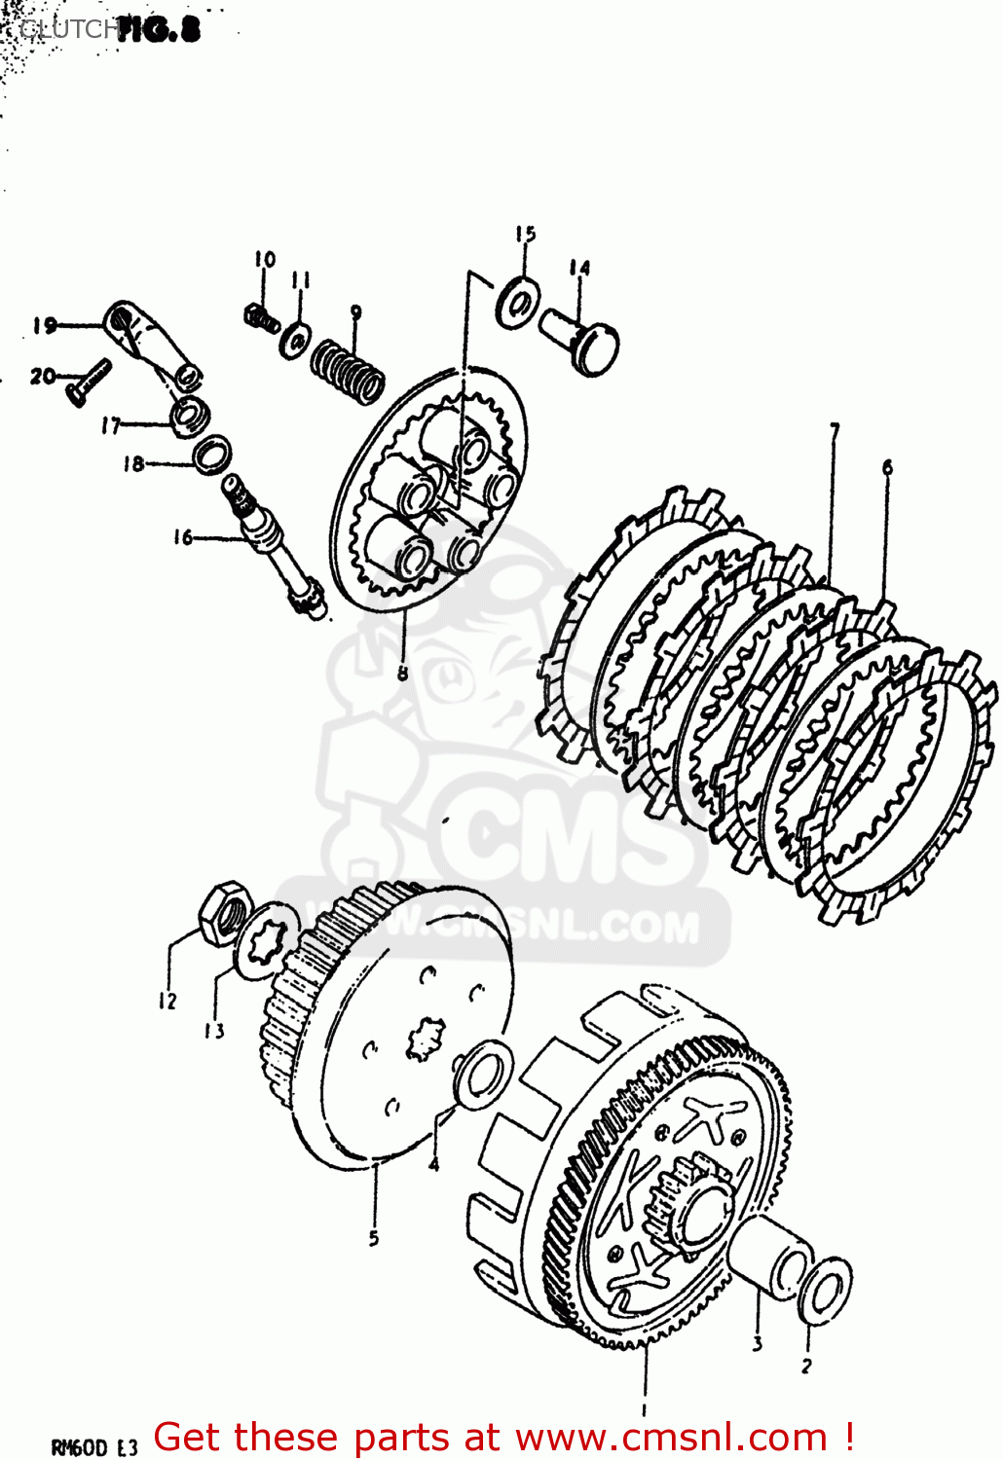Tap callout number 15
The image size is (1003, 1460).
[x=525, y=234]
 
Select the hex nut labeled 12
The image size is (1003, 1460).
[x=224, y=912]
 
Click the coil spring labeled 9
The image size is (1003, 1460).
[x=348, y=371]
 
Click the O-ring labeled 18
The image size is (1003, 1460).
[x=212, y=455]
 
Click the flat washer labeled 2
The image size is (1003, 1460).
[x=825, y=1291]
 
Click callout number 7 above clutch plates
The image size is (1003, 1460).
[x=834, y=429]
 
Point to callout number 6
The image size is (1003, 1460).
[x=887, y=468]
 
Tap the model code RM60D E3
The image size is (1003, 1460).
[x=94, y=1448]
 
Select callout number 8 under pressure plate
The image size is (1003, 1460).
[x=402, y=672]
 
